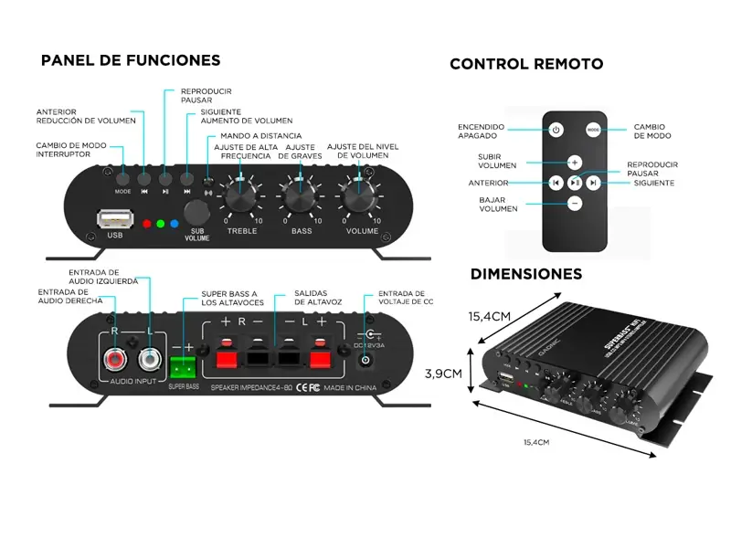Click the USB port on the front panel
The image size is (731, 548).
click(114, 219)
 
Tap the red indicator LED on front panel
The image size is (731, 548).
click(145, 223)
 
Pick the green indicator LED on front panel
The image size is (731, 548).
click(159, 223)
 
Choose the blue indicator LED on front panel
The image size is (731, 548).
click(173, 223)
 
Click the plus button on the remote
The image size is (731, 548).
click(574, 163)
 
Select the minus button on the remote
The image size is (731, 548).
click(574, 204)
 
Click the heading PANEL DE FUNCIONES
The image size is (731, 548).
click(131, 61)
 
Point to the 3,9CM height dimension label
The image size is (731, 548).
click(444, 373)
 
